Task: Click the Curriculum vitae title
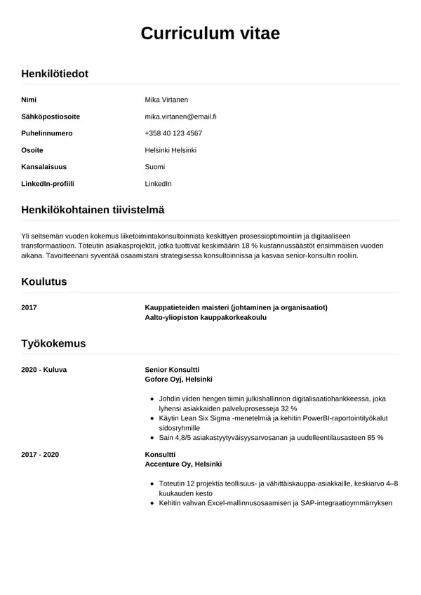coord(210,33)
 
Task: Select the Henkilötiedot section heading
coord(55,73)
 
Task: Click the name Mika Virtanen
coord(166,100)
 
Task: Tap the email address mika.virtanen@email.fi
coord(180,116)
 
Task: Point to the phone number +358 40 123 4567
coord(173,133)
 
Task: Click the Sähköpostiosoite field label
coord(51,116)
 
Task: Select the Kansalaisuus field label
coord(45,167)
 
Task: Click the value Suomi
coord(155,167)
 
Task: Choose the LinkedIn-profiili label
coord(48,184)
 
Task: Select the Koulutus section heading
coord(44,281)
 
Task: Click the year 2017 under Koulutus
coord(29,307)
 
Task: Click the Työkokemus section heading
coord(53,343)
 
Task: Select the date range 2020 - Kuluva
coord(44,369)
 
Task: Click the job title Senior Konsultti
coord(172,369)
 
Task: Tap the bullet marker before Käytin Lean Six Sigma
coord(153,417)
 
